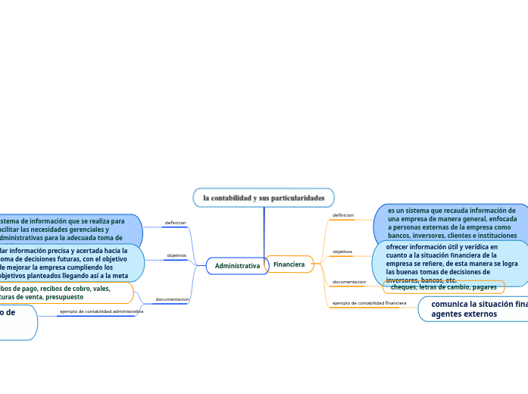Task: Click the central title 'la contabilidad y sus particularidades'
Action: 264,198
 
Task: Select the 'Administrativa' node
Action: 237,266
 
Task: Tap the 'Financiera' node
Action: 289,264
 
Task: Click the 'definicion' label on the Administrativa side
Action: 175,223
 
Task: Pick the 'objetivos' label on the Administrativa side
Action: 177,255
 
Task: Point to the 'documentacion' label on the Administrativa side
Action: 172,299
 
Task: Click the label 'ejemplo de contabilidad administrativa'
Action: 102,311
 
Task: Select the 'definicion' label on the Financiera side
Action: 343,215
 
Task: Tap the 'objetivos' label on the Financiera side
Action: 342,252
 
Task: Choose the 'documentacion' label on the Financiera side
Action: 349,282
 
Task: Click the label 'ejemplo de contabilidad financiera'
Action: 370,303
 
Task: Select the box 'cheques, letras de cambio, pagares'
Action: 443,287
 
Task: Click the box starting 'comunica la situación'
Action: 477,308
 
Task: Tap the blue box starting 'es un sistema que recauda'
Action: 452,223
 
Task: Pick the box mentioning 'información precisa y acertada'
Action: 68,262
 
